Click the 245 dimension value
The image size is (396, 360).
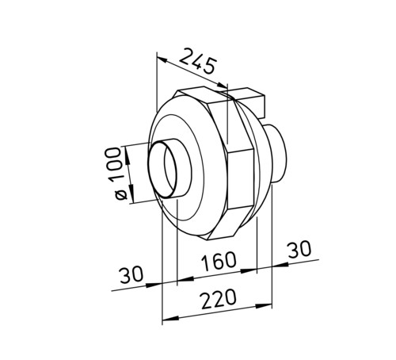(x=198, y=61)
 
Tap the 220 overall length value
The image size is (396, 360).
(x=218, y=299)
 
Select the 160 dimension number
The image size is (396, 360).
(x=218, y=261)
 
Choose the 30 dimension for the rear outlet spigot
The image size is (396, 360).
(x=299, y=250)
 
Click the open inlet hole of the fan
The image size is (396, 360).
(x=162, y=170)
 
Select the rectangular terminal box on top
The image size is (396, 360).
(x=244, y=101)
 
